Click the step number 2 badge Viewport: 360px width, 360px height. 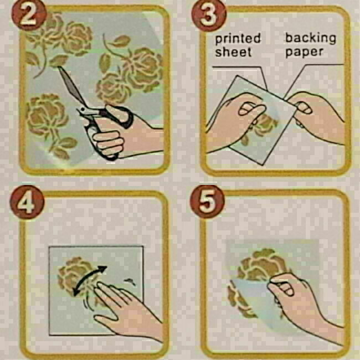coord(28,16)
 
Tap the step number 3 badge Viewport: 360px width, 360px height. coord(209,15)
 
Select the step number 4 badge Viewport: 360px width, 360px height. coord(27,202)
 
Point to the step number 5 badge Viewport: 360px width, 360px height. coord(207,202)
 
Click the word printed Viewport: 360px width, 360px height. coord(238,39)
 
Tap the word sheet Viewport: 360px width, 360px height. coord(233,52)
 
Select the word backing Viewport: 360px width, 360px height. coord(311,38)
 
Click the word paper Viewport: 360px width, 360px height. coord(305,53)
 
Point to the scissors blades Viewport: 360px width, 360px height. coord(71,85)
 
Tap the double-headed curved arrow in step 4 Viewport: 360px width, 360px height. coord(90,280)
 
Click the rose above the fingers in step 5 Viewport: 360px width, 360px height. coord(262,264)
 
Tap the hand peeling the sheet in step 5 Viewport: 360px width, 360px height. coord(305,303)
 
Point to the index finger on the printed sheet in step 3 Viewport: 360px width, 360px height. coord(252,110)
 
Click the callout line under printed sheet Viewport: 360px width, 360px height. coord(240,67)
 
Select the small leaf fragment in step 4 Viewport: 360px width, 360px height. coord(130,281)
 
